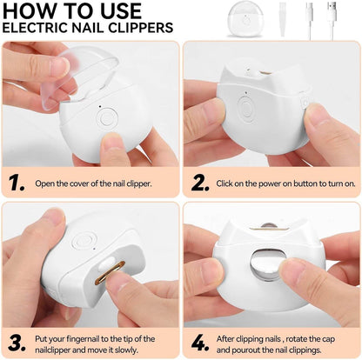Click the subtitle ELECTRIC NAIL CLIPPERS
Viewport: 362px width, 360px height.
coord(86,28)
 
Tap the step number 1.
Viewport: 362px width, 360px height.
coord(15,183)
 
